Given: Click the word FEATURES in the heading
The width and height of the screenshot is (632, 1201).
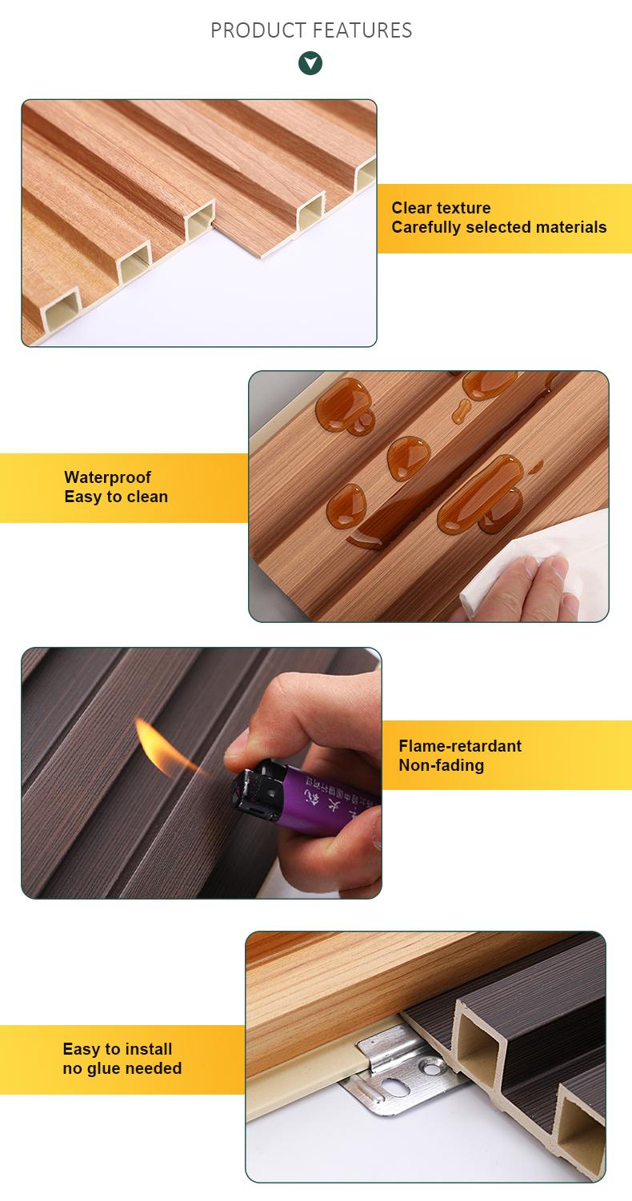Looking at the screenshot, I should (362, 31).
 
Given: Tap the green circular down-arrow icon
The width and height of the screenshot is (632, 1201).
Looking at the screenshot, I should (310, 63).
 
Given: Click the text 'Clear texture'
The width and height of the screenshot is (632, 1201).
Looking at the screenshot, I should (441, 208).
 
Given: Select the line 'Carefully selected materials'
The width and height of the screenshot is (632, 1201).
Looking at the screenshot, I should (499, 227).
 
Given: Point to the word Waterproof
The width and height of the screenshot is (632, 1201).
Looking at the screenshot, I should (107, 477).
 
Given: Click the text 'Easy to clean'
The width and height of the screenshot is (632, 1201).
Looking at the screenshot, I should (116, 497).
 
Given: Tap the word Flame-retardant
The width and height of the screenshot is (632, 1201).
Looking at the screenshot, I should (460, 746).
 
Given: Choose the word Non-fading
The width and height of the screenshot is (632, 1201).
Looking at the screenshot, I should (441, 765).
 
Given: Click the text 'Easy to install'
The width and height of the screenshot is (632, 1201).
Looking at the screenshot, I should (118, 1049).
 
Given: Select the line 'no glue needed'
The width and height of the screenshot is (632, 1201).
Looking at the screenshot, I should (122, 1068).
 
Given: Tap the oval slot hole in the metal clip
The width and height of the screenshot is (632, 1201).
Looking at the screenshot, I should (395, 1086).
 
